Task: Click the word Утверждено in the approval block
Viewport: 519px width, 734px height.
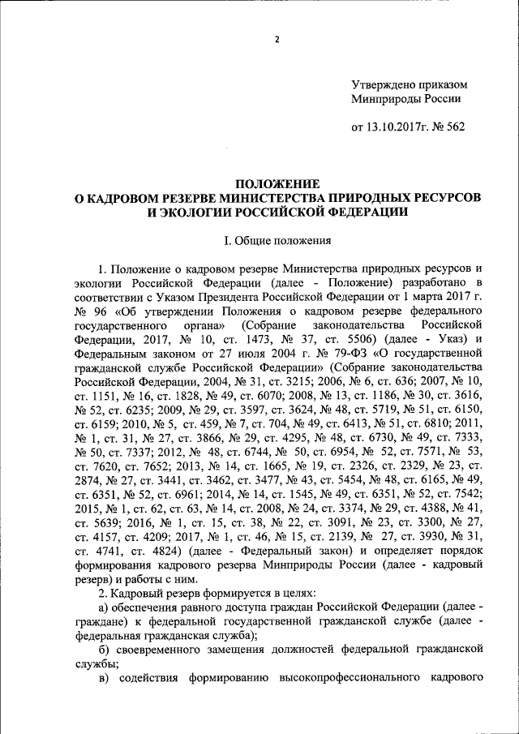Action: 384,84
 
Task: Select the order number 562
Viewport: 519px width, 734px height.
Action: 457,127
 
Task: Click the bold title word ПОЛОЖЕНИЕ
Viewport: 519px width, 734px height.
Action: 277,184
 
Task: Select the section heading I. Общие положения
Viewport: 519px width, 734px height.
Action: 277,240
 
